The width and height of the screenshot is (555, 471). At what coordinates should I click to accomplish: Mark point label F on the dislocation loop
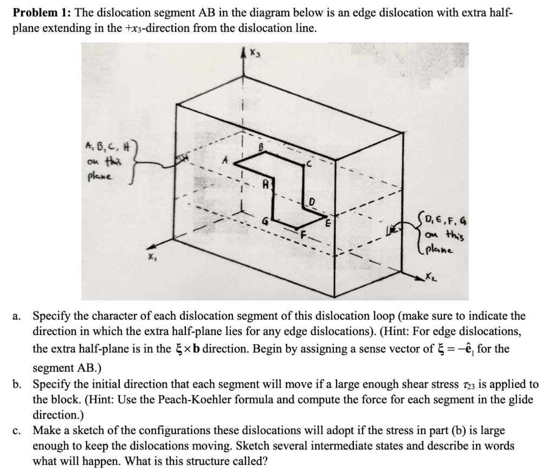[304, 235]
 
